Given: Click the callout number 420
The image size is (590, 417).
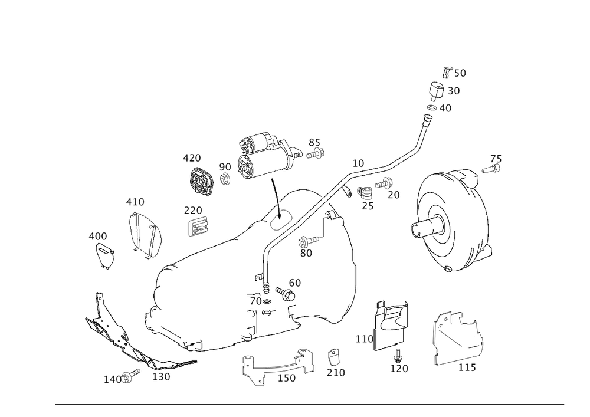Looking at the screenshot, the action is (x=192, y=158).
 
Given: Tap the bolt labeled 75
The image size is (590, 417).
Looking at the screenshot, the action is (x=491, y=169).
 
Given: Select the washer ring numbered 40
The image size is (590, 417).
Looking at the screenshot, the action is (x=432, y=108).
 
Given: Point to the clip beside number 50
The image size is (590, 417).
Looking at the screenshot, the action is (x=447, y=72).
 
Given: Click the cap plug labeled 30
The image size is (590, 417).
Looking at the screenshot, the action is (x=436, y=90).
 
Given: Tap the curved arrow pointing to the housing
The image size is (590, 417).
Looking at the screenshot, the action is (x=276, y=199).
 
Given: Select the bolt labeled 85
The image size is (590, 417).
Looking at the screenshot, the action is (x=315, y=153).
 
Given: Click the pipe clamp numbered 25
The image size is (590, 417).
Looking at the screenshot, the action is (x=364, y=192).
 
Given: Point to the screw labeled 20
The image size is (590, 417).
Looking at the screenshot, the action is (x=383, y=184).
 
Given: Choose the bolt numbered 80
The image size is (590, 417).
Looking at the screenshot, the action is (x=309, y=240).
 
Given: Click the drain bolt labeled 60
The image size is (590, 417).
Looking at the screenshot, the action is (x=286, y=294).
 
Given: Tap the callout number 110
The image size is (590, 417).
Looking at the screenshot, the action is (x=364, y=339).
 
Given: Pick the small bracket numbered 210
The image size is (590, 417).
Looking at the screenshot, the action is (x=333, y=357).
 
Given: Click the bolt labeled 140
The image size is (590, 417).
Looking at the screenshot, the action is (x=130, y=376).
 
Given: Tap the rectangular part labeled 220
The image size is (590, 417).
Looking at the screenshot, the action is (x=198, y=226).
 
